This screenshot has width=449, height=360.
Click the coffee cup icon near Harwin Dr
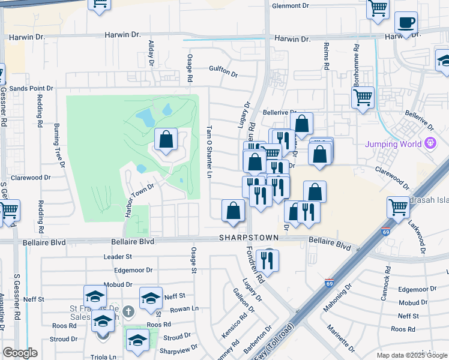(x=406, y=24)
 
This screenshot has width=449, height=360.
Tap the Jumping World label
(x=393, y=144)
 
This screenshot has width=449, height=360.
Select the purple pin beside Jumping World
(x=430, y=143)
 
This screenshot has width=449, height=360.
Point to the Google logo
(x=20, y=353)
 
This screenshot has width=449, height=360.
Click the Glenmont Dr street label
(x=290, y=5)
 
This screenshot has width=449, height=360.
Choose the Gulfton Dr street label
(x=223, y=71)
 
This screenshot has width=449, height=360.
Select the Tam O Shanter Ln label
(x=209, y=152)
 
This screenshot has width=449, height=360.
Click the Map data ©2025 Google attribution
(x=412, y=355)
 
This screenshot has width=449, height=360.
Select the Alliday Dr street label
(x=151, y=53)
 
